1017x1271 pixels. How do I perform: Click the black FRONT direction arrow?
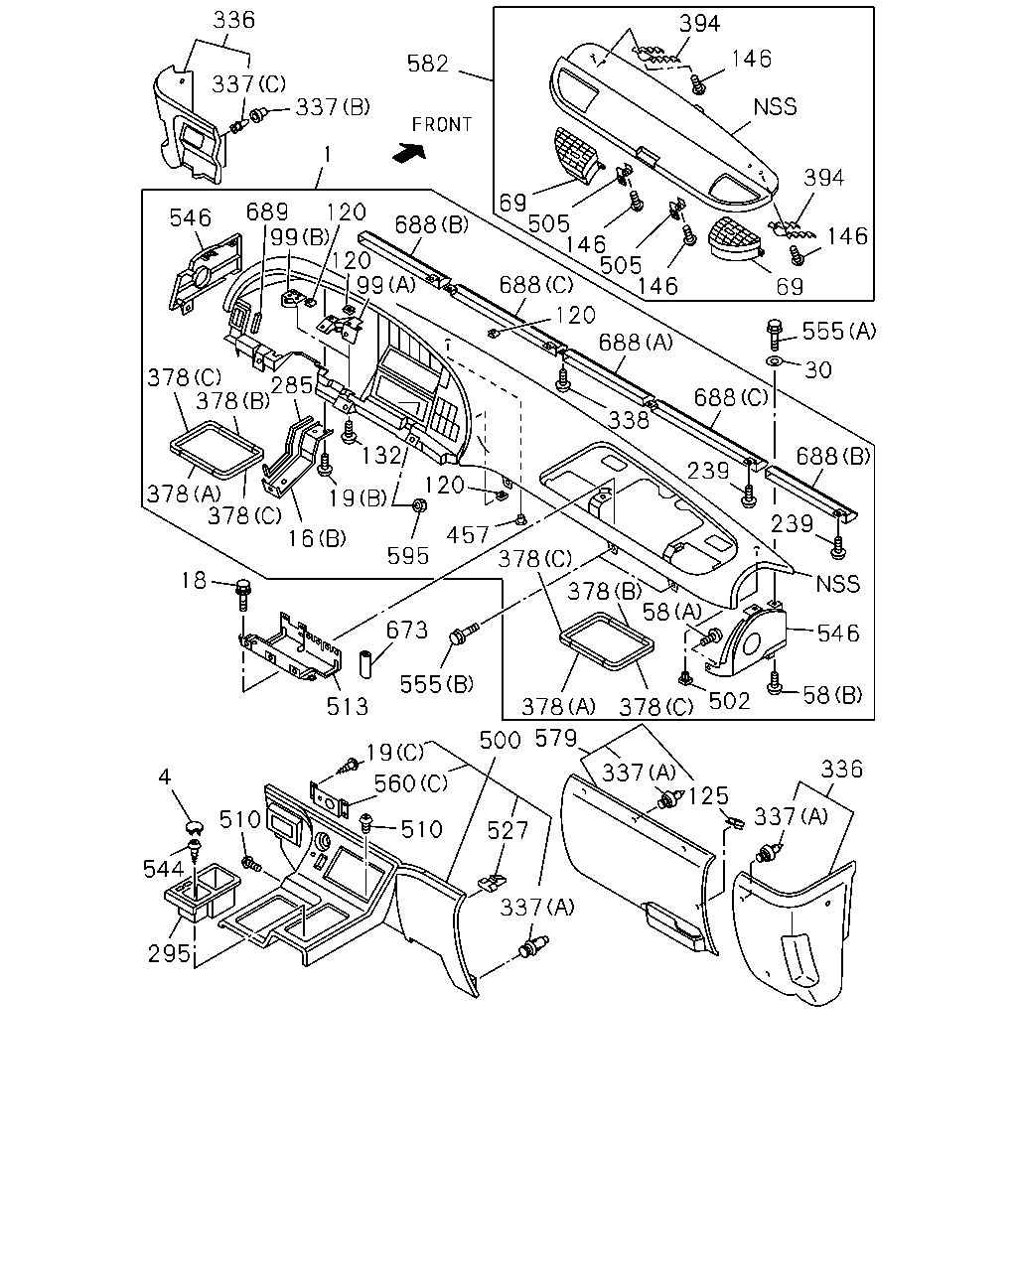coord(409,153)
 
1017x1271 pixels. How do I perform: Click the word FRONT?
coord(442,125)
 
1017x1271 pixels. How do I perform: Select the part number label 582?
coord(428,64)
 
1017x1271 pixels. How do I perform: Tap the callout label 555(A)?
coord(838,331)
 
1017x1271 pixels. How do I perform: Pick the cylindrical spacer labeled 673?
coord(365,664)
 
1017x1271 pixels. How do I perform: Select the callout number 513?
coord(348,706)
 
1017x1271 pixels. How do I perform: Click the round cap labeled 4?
coord(194,826)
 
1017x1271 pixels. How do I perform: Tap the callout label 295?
coord(169,953)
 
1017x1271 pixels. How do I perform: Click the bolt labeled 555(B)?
coord(465,634)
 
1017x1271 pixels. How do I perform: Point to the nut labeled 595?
coord(419,505)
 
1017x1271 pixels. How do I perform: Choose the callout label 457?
coord(468,535)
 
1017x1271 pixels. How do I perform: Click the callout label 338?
coord(629,420)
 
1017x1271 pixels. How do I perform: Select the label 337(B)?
coord(333,107)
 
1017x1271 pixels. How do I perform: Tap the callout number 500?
coord(500,740)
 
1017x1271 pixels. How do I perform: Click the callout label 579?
coord(556,738)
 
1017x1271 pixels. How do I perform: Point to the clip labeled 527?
coord(493,882)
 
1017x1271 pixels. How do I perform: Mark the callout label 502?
coord(729,701)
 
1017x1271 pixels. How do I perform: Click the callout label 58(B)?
coord(832,695)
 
